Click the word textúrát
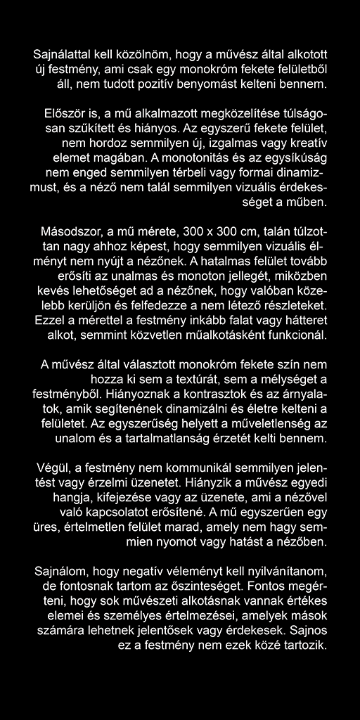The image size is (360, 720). pyautogui.click(x=188, y=381)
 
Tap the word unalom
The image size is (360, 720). pyautogui.click(x=75, y=441)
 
